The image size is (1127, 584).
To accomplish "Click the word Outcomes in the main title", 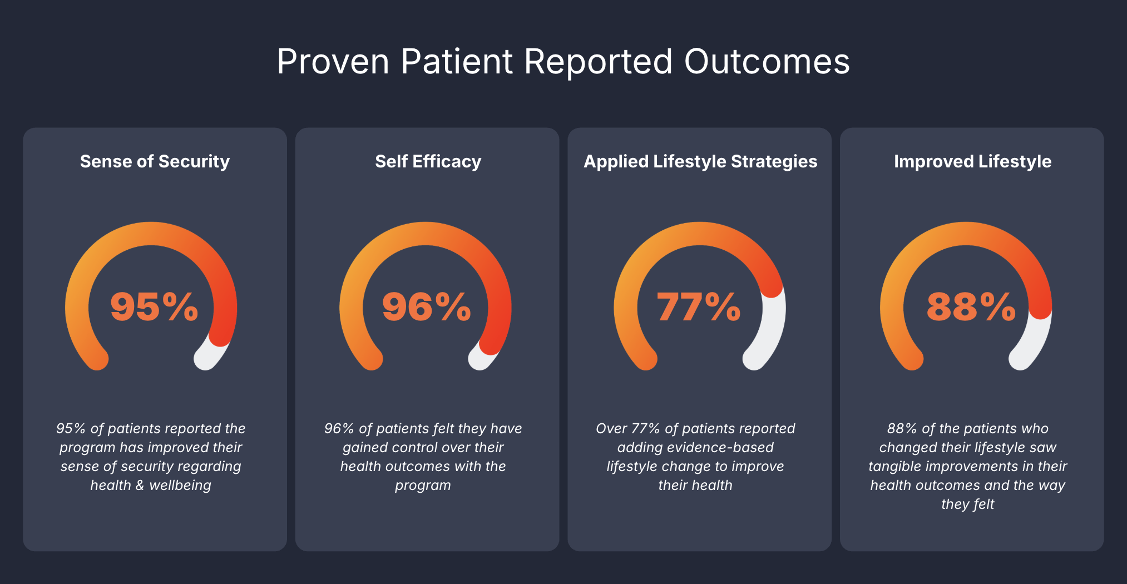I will point(767,61).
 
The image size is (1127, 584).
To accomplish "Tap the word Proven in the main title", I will point(333,61).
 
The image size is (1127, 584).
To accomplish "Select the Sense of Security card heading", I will point(155,161).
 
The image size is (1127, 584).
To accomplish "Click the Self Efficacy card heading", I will point(428,161).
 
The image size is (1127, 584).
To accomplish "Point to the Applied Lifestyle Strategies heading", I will point(700,161).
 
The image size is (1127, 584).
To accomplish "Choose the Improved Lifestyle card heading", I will point(972,161).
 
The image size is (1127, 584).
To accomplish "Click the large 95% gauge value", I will point(154,306).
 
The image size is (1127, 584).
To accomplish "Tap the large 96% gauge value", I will point(427,306).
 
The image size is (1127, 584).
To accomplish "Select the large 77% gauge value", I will point(699,306).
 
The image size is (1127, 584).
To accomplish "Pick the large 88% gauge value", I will point(971,306).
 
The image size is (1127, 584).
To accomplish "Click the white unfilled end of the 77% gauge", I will point(770,334).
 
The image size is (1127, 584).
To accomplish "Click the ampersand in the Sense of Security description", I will point(139,486).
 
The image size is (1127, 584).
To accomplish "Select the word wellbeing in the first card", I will point(180,486).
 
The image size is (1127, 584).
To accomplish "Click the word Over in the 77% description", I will point(611,429).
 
